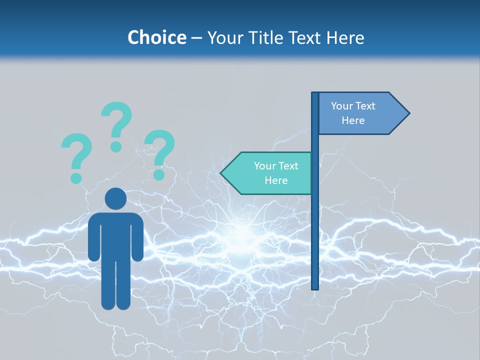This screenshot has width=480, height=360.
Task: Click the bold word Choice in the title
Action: pyautogui.click(x=156, y=37)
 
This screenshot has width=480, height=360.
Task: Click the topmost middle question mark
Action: pyautogui.click(x=116, y=125)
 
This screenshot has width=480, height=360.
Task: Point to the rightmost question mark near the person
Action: pyautogui.click(x=159, y=152)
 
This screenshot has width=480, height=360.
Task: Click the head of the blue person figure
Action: pyautogui.click(x=115, y=198)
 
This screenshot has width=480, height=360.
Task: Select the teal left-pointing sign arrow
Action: pyautogui.click(x=270, y=173)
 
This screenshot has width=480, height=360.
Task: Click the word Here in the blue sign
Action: pyautogui.click(x=353, y=120)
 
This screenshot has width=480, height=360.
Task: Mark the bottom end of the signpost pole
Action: pyautogui.click(x=315, y=287)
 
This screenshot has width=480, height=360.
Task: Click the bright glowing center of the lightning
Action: pyautogui.click(x=242, y=233)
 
